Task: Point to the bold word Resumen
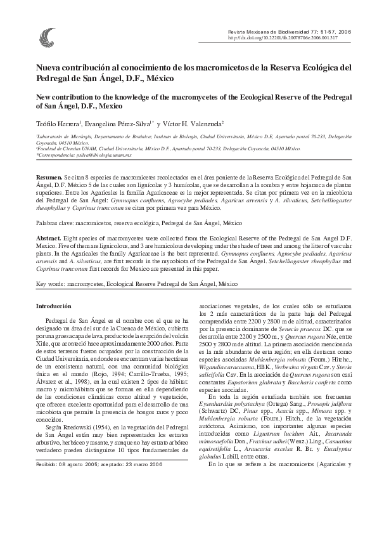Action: [48, 172]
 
